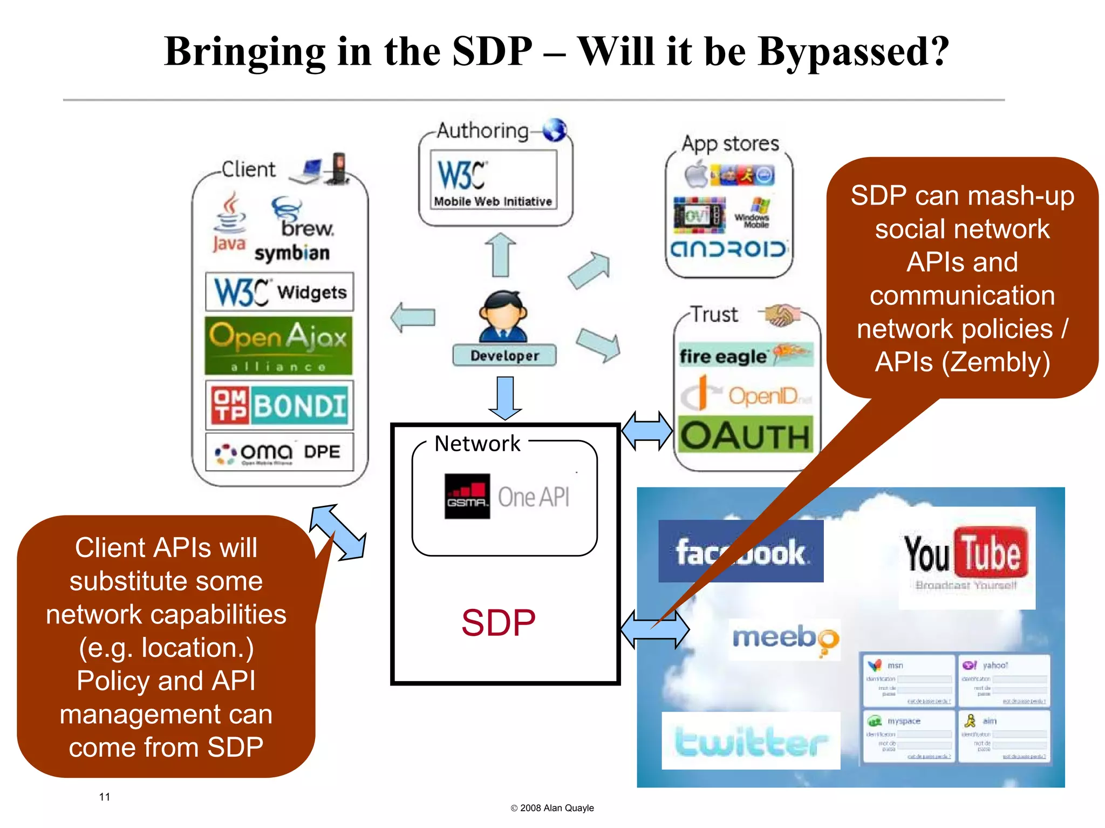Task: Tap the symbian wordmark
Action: (x=292, y=253)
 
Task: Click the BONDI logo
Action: (x=279, y=405)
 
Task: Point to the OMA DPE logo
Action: (x=279, y=452)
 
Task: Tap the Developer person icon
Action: (x=503, y=317)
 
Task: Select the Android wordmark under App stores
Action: (x=728, y=249)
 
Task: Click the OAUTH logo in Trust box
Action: (x=745, y=435)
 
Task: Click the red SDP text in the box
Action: (x=498, y=622)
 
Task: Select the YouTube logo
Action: (x=966, y=556)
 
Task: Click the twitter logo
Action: (x=751, y=741)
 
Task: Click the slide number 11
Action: (x=105, y=797)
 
